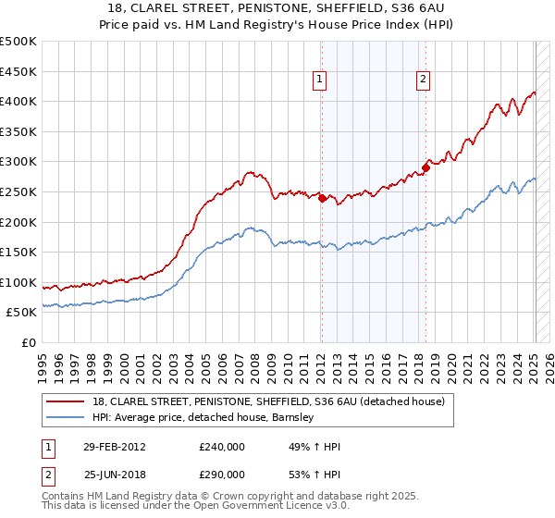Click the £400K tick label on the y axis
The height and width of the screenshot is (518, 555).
click(x=18, y=101)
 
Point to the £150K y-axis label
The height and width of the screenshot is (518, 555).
click(x=18, y=252)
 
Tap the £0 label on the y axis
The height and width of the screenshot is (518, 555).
click(x=30, y=342)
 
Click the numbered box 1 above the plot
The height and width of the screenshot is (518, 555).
click(x=319, y=80)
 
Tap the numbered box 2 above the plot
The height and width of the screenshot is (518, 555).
click(x=423, y=80)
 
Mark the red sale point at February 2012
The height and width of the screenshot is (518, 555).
click(x=322, y=197)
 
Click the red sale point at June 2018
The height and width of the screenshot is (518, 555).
click(x=425, y=167)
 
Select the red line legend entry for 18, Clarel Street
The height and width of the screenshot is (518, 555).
click(x=268, y=401)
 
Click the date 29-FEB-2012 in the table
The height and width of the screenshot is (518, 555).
click(x=115, y=447)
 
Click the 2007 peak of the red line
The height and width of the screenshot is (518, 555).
click(x=250, y=172)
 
